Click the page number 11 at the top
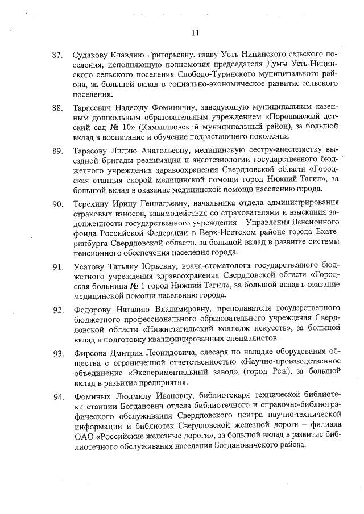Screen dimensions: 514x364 coord(195,32)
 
